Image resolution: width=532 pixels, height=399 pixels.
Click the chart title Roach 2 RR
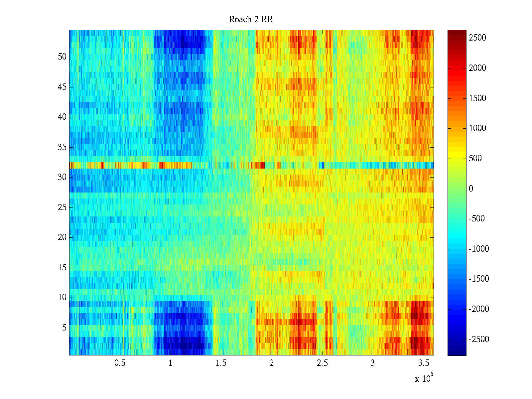click(x=251, y=20)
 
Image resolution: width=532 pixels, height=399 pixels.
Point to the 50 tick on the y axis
click(x=62, y=57)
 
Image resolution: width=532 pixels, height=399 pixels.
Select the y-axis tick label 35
click(x=62, y=147)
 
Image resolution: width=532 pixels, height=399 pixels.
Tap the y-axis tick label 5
click(x=64, y=328)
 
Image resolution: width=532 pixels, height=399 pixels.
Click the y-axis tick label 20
click(x=62, y=237)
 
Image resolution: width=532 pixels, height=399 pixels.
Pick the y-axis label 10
click(x=62, y=298)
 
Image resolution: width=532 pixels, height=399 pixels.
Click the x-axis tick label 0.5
click(x=120, y=363)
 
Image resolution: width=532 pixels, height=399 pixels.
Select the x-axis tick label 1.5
click(x=221, y=363)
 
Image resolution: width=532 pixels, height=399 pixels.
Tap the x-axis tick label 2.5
click(x=322, y=363)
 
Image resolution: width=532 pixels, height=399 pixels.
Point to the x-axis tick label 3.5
click(x=423, y=363)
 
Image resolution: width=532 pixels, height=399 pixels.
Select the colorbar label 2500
click(x=477, y=38)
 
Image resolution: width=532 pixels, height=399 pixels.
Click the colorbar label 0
click(x=471, y=189)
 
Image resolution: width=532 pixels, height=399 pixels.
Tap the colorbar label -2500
click(x=479, y=339)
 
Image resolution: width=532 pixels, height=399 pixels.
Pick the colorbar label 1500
click(x=477, y=98)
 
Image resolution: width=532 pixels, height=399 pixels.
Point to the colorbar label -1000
click(x=479, y=249)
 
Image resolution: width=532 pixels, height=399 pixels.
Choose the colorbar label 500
click(x=475, y=159)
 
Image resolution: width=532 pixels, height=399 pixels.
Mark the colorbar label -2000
click(x=479, y=309)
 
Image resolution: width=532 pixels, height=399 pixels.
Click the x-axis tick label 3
click(x=373, y=363)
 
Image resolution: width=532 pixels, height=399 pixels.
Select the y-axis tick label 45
click(x=62, y=87)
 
